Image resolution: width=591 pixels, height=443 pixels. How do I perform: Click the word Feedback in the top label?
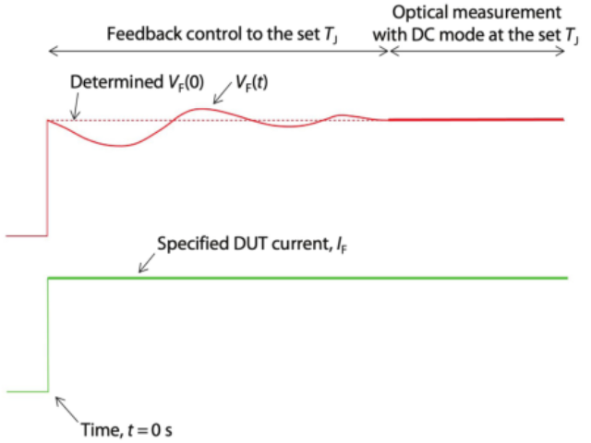[144, 34]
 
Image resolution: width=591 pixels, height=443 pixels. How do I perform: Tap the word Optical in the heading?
[418, 13]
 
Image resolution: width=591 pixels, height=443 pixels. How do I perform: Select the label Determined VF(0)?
[138, 82]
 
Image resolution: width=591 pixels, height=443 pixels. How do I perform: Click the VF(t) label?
[252, 82]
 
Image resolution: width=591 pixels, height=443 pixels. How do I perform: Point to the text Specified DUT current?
[244, 244]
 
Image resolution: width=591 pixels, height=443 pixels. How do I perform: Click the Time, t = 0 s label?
[127, 429]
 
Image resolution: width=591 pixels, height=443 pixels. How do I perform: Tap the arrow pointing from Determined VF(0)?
[76, 106]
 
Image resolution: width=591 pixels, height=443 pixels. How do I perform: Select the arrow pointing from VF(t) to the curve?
[223, 93]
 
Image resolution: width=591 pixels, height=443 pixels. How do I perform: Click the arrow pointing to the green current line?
[147, 263]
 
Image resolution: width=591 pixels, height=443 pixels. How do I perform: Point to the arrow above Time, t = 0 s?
[66, 409]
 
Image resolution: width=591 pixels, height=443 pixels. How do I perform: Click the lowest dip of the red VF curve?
[120, 146]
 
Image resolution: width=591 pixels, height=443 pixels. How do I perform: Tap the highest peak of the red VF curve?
[201, 109]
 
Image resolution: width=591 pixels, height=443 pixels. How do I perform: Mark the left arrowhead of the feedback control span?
[53, 52]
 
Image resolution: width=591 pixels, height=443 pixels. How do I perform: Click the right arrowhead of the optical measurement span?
[561, 52]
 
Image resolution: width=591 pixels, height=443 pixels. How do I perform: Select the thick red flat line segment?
[476, 120]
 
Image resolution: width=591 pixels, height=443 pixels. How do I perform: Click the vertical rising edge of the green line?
[48, 335]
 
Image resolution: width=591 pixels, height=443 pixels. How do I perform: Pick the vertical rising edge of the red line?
[47, 178]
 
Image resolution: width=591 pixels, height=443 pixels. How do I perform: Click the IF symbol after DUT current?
[341, 245]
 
